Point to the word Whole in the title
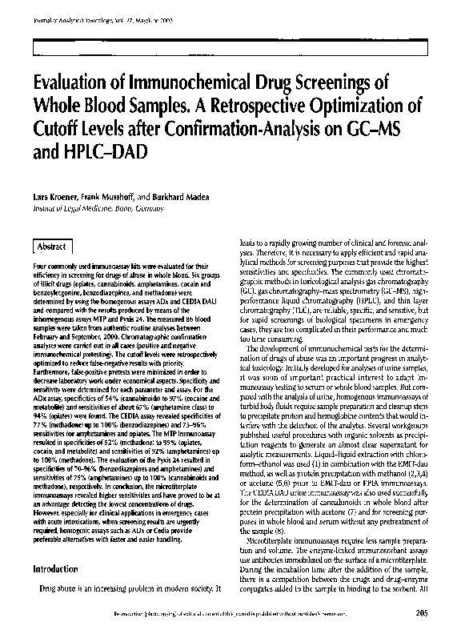tap(61, 109)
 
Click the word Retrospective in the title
tap(251, 109)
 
